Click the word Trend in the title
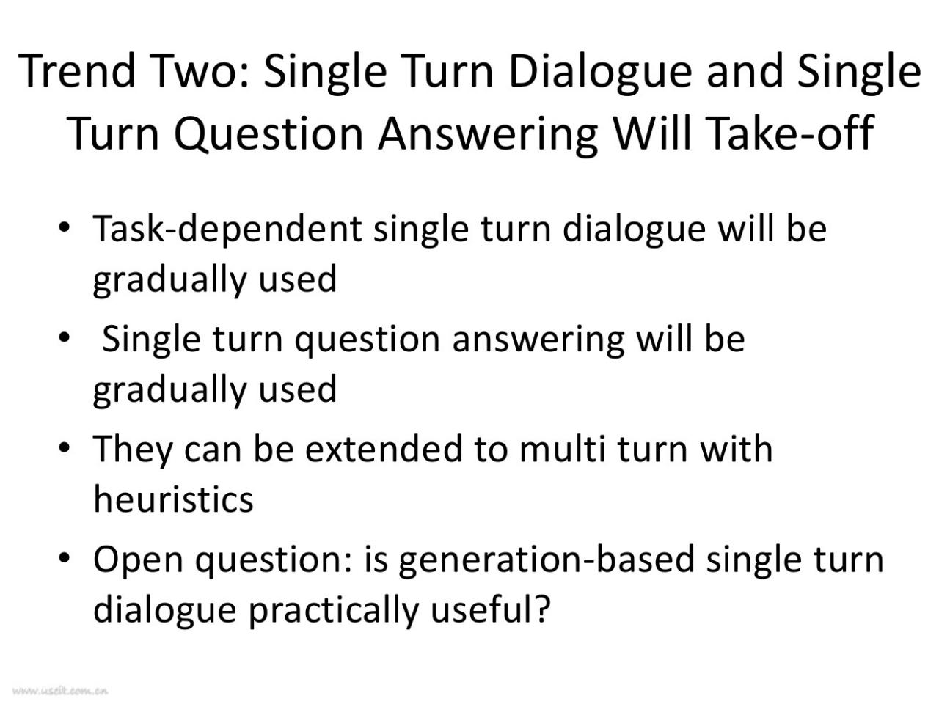(x=76, y=70)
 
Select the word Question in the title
(x=268, y=133)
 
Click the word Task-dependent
(x=227, y=230)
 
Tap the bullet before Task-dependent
(x=64, y=227)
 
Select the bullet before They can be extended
(x=64, y=448)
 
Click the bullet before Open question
(x=64, y=559)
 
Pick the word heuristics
(x=173, y=499)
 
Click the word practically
(x=333, y=609)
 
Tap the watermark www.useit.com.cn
(x=60, y=691)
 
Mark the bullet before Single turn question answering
(x=64, y=337)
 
